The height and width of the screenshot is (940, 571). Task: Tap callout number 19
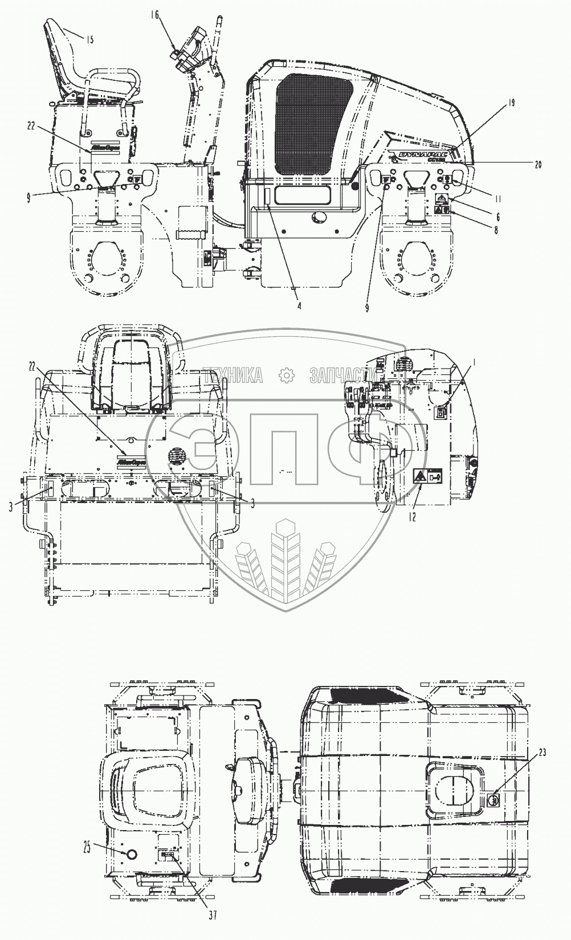[x=511, y=103]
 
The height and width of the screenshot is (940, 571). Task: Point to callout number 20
[x=537, y=164]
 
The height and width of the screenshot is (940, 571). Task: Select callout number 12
[x=413, y=517]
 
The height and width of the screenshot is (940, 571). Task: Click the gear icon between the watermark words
[x=285, y=375]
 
